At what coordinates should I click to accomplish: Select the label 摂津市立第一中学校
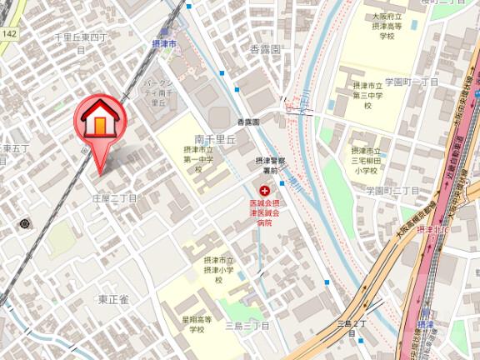click(199, 159)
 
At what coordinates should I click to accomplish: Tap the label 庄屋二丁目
click(114, 198)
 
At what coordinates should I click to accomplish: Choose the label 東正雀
click(113, 299)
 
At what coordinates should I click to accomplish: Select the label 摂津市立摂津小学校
click(218, 270)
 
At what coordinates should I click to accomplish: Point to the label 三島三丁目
click(247, 326)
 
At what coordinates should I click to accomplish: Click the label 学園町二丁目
click(392, 191)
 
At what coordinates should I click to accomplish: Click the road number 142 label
click(9, 33)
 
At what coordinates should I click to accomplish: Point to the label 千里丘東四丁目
click(82, 42)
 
